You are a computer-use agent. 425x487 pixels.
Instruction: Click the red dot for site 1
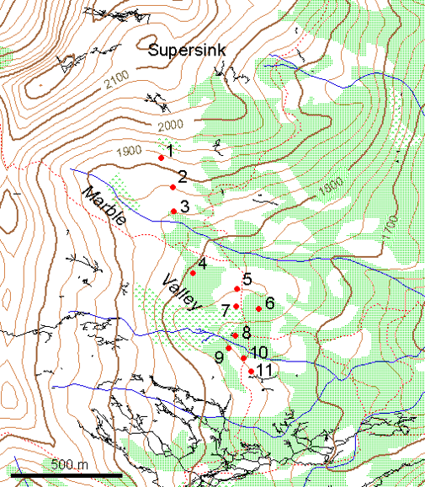(161, 157)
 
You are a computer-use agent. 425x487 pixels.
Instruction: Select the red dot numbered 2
(173, 187)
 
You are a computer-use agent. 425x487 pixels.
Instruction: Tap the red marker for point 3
(173, 211)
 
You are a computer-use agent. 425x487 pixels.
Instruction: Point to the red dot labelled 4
(193, 273)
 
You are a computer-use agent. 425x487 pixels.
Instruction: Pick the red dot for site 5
(237, 289)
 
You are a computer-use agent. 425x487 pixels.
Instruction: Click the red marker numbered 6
(258, 309)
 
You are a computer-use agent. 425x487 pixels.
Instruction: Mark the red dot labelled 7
(236, 307)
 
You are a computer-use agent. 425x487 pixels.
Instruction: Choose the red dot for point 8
(235, 335)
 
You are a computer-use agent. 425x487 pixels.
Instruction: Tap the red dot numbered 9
(228, 348)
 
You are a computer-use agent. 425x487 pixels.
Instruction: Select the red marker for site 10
(244, 359)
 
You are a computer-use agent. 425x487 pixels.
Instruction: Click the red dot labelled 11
(251, 372)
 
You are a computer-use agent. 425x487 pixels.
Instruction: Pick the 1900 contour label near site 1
(129, 151)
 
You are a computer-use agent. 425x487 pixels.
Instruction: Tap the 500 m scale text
(70, 465)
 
